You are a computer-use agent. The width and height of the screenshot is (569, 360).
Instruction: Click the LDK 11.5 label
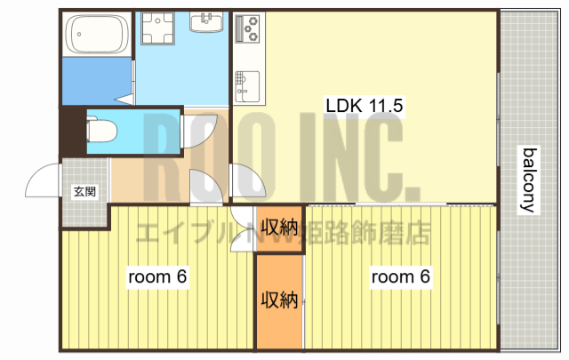click(365, 106)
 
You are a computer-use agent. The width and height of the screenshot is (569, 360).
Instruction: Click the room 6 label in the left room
click(157, 277)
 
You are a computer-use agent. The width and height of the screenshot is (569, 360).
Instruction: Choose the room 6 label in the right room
click(400, 277)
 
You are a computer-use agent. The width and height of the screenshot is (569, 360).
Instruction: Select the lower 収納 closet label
click(278, 300)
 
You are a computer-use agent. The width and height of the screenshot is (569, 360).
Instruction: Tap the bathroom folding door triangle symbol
click(126, 91)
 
